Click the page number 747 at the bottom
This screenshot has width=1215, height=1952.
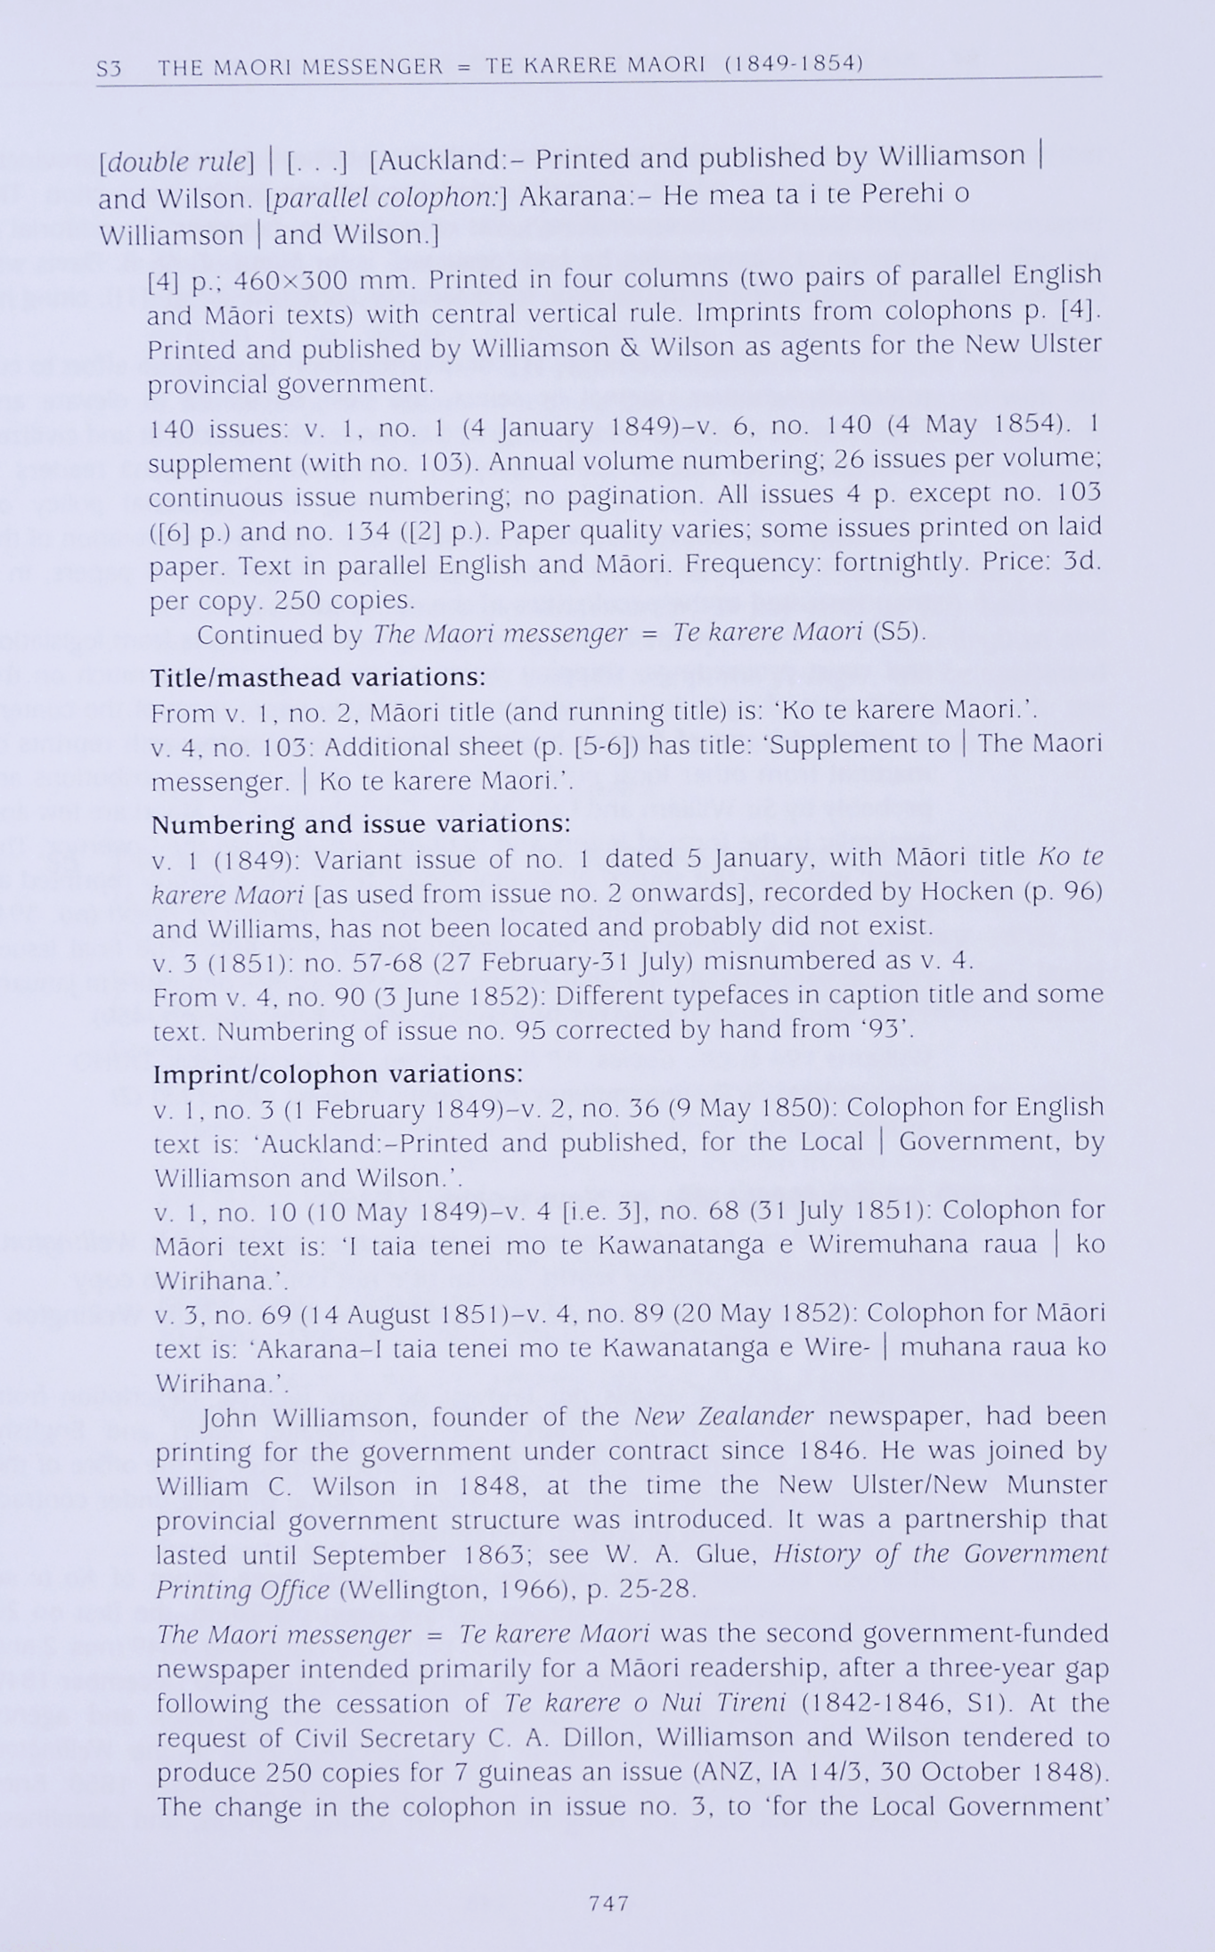pos(609,1903)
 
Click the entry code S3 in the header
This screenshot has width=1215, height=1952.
pos(110,68)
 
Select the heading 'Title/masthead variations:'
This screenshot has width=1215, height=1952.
pos(318,678)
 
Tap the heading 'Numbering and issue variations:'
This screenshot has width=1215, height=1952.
pos(361,824)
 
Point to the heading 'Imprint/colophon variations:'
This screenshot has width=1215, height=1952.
pos(338,1074)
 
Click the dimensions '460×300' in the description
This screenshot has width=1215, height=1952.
pos(289,281)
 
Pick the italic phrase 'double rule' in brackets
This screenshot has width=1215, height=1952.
pos(176,161)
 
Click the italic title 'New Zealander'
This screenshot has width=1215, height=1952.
pos(724,1417)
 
